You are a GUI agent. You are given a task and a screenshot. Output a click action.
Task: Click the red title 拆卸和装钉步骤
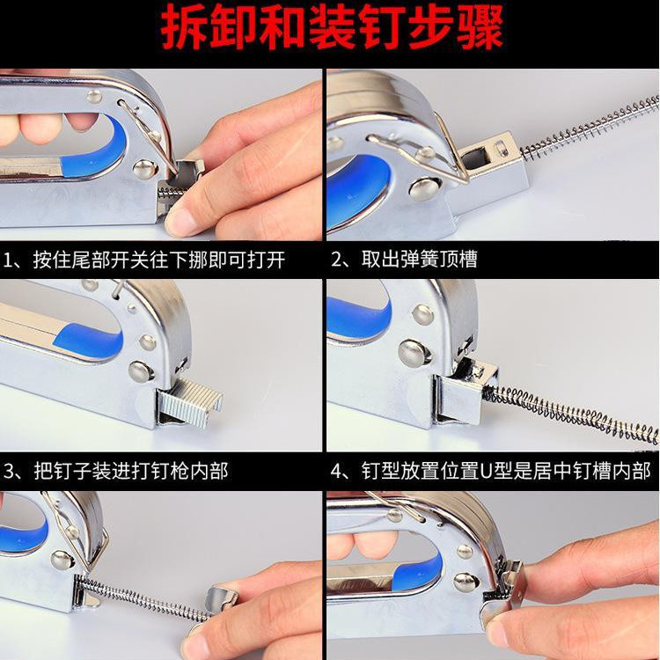tap(332, 28)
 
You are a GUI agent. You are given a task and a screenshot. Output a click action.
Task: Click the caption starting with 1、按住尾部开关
tap(144, 260)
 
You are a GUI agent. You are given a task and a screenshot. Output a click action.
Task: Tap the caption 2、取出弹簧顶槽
tap(404, 260)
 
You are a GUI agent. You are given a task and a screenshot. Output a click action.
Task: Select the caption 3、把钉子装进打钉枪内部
tap(116, 471)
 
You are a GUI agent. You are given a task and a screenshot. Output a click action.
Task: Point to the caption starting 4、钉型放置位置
tap(491, 471)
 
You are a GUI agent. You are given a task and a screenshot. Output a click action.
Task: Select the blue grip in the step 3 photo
tap(88, 340)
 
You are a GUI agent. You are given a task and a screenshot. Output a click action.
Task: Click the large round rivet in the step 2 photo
tap(424, 187)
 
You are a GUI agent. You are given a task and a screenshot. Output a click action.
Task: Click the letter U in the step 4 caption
tap(486, 472)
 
